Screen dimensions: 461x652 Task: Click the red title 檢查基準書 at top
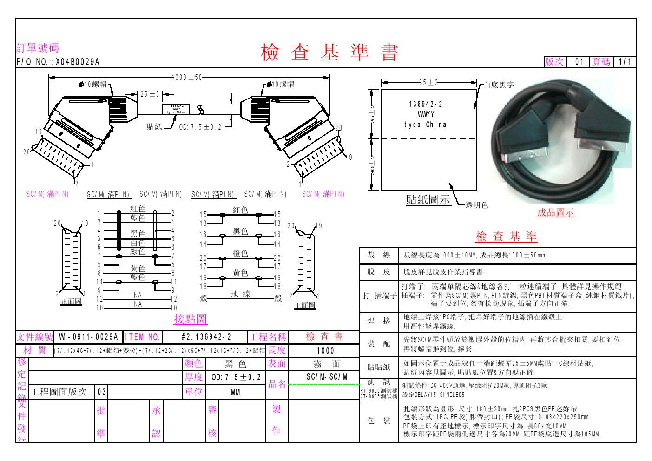[329, 52]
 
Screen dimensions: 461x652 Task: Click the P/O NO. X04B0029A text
[58, 62]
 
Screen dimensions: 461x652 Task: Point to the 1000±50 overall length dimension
[187, 78]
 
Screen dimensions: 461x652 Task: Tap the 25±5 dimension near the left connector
[150, 94]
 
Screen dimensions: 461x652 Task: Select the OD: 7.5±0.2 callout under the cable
[200, 127]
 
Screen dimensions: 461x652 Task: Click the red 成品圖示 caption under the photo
[556, 213]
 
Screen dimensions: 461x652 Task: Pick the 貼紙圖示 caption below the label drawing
[428, 200]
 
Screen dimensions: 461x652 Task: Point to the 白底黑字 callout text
[499, 85]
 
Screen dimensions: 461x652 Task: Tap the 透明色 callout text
[477, 205]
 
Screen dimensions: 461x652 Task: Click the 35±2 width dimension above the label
[428, 83]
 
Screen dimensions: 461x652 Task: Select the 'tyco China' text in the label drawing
[425, 125]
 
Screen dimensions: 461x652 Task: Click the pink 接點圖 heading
[191, 319]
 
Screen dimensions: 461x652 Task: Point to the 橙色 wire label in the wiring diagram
[240, 253]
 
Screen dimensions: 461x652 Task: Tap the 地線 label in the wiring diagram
[240, 294]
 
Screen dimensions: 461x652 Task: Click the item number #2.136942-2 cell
[206, 337]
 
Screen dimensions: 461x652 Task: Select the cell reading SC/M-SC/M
[327, 377]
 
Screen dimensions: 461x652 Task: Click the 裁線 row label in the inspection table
[379, 255]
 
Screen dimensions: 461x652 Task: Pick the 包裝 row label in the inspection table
[379, 421]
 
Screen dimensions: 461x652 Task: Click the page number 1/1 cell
[625, 62]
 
